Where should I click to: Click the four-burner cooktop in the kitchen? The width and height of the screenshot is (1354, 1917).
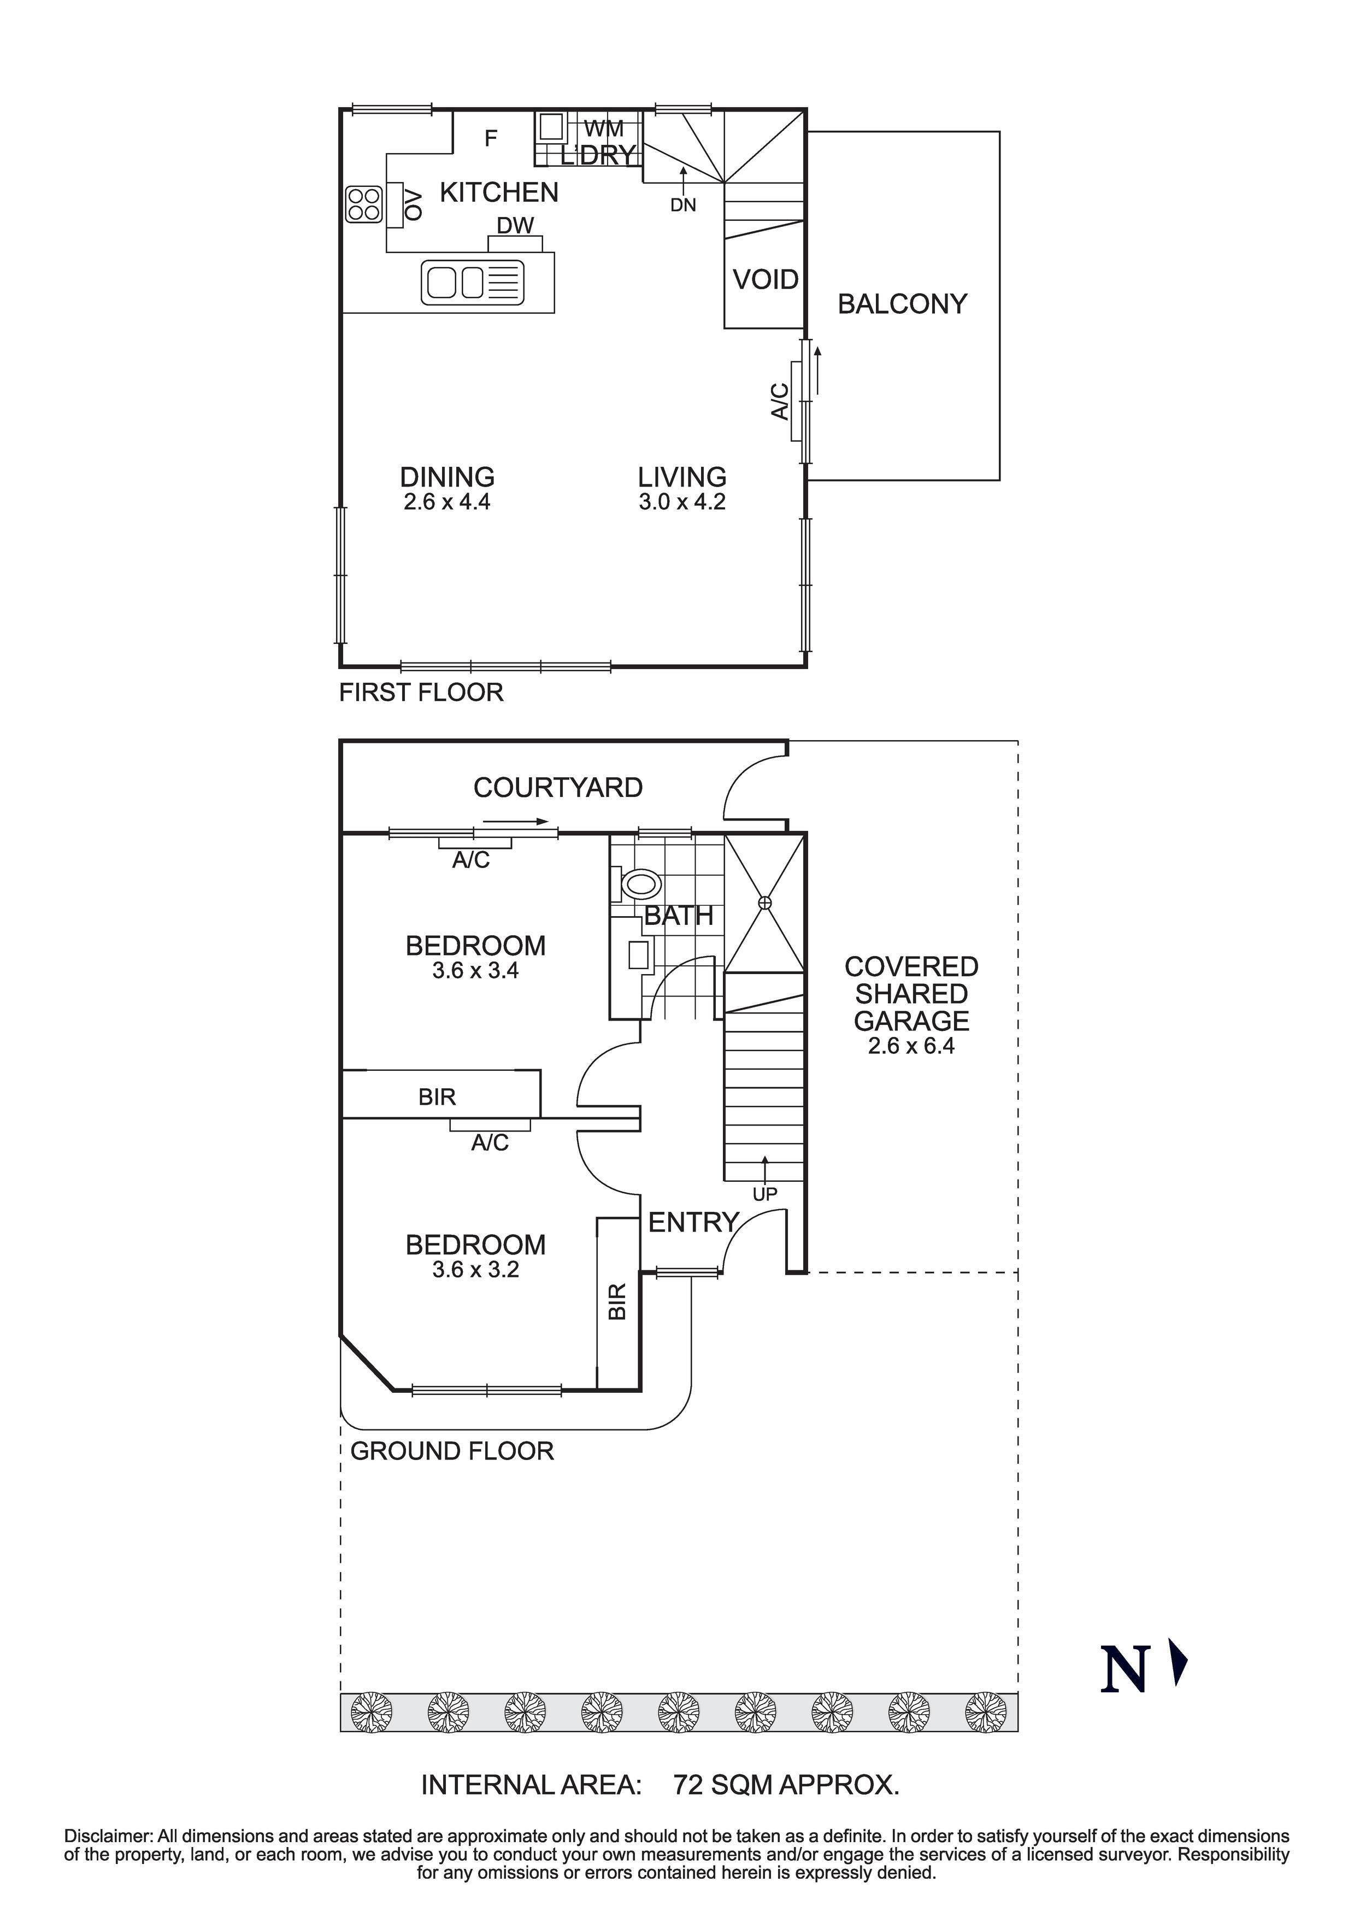pyautogui.click(x=364, y=204)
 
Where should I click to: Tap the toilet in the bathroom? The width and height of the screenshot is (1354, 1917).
pyautogui.click(x=639, y=883)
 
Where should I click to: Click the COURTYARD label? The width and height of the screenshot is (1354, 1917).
pyautogui.click(x=558, y=787)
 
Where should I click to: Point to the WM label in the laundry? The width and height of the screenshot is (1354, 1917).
pyautogui.click(x=604, y=130)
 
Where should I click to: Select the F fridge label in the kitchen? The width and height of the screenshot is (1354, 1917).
pyautogui.click(x=491, y=139)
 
